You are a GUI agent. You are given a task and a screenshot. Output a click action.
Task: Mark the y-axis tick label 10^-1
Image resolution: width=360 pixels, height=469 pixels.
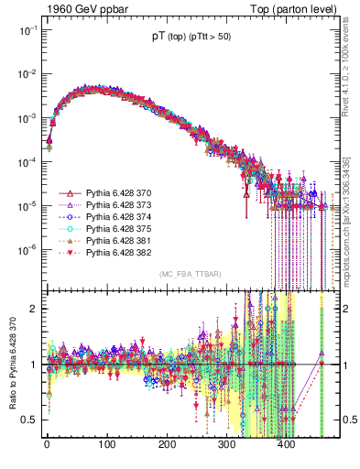tap(26, 30)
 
